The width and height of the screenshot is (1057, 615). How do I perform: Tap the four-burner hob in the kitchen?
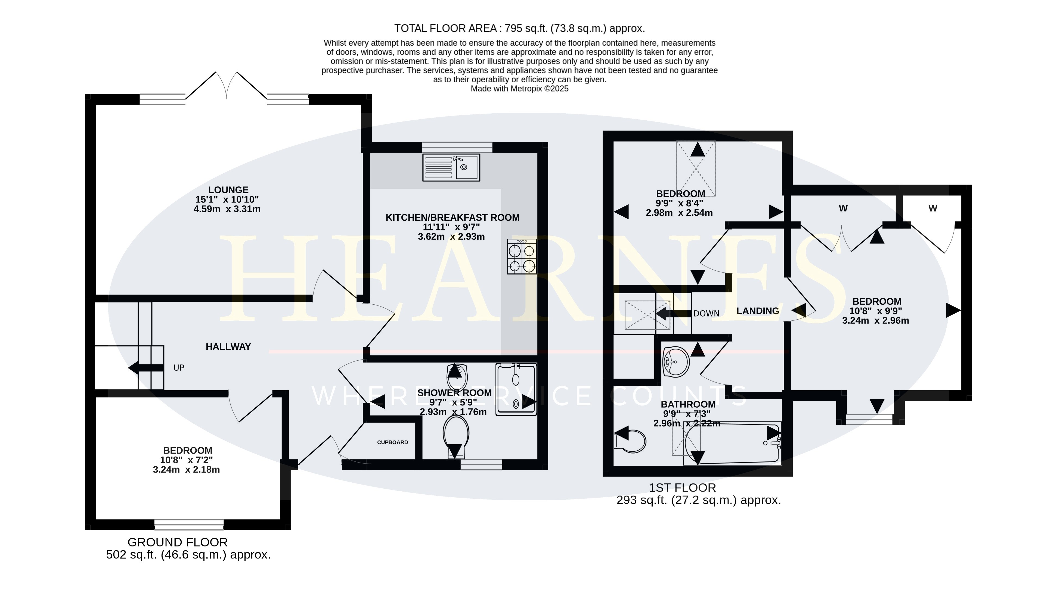point(522,257)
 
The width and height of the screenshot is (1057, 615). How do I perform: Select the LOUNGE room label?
point(228,190)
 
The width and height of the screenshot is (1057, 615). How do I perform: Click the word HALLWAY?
point(228,347)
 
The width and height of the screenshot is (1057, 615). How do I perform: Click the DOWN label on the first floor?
point(706,314)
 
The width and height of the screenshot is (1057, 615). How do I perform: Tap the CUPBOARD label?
point(393,442)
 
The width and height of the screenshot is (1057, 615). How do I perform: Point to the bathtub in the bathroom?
point(732,444)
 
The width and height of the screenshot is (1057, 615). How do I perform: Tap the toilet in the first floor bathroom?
point(630,441)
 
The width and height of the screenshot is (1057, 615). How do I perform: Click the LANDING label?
point(758,311)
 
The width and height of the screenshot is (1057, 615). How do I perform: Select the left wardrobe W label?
point(843,208)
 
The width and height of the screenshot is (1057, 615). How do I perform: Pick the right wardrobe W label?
point(933,208)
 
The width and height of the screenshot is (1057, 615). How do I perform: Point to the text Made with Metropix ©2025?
point(520,89)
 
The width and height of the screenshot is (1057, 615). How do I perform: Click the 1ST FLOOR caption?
point(683,488)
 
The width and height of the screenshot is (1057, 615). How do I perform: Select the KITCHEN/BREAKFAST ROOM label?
point(452,218)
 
